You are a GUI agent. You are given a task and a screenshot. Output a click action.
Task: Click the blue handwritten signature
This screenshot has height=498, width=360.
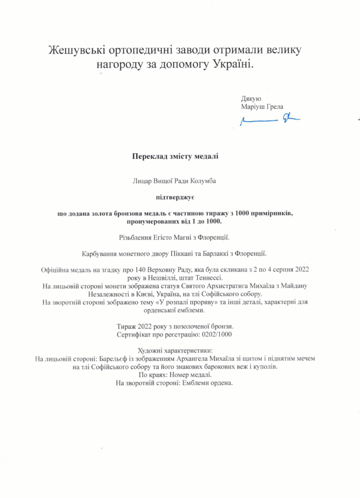[x=270, y=119]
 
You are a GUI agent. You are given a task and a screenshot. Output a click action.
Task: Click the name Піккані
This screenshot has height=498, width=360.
[x=185, y=253]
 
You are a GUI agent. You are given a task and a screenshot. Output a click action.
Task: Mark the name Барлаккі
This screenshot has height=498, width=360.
[x=226, y=253]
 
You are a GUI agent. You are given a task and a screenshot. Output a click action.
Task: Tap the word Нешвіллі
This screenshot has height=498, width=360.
[x=162, y=277]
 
